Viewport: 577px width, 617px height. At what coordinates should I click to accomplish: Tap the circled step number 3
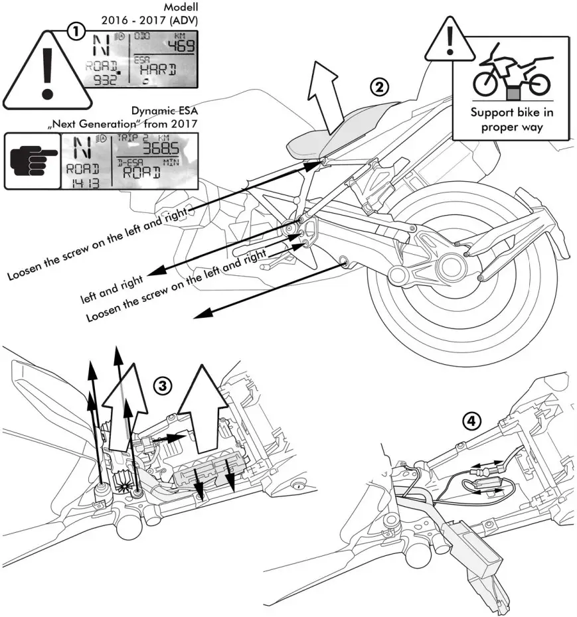tap(162, 385)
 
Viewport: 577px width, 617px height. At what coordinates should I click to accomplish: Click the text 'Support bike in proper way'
tap(511, 119)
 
